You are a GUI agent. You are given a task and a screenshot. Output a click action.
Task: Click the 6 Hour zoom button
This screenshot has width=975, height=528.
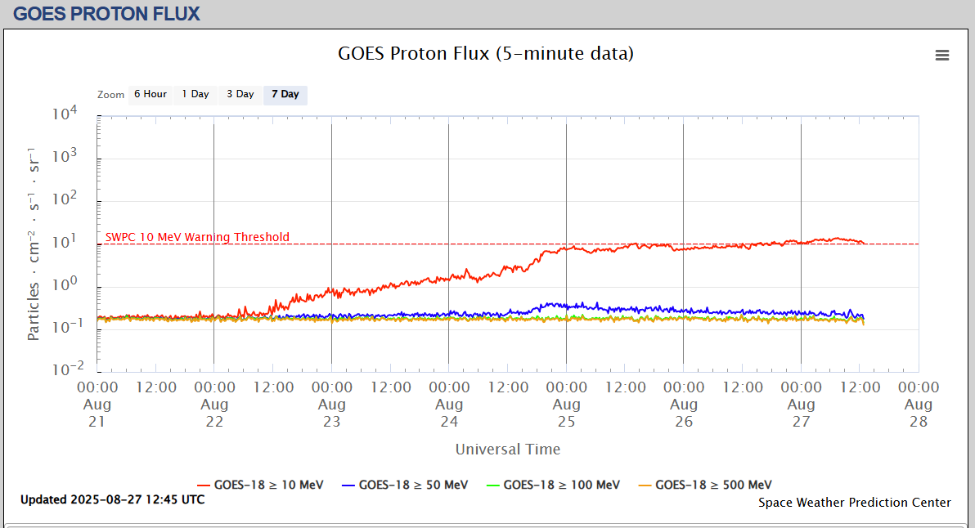151,94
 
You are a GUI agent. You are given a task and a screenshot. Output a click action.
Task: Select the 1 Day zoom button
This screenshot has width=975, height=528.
195,94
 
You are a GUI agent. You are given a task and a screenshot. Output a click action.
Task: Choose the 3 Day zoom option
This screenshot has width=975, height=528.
240,94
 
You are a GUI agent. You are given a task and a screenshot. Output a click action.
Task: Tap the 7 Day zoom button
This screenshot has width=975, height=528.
285,94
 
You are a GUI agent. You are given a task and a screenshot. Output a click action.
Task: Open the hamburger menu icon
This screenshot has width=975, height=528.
942,55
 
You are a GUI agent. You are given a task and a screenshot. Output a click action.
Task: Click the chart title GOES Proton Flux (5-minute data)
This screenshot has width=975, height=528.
486,54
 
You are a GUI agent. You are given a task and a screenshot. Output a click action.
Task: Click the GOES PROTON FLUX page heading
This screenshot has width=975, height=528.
106,13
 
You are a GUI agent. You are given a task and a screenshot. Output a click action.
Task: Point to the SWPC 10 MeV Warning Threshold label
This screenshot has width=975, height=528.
197,237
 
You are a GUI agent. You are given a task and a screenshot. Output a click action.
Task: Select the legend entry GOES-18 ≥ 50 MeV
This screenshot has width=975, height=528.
405,485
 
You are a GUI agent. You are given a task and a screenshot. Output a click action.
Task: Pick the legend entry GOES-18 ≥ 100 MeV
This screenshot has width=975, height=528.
553,485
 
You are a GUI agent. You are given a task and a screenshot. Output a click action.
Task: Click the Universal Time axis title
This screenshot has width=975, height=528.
508,449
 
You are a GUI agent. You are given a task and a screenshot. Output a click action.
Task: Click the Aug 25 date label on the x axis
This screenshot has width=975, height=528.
566,413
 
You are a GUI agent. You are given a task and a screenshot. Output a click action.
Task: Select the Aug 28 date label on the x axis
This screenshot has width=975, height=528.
919,413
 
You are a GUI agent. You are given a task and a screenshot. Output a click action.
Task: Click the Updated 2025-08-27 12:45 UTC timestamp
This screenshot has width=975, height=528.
113,499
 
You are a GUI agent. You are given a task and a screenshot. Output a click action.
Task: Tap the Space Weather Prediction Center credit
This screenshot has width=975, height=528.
855,503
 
